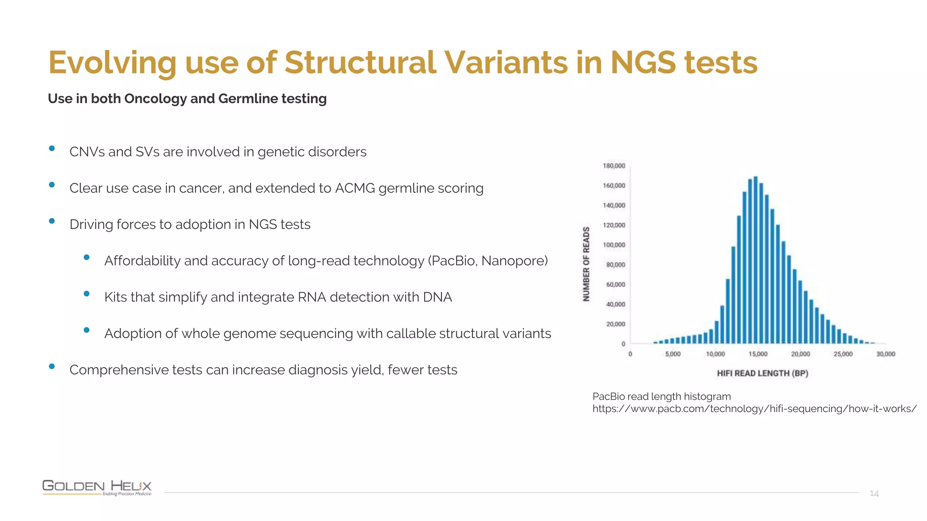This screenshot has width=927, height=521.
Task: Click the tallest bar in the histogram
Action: pyautogui.click(x=755, y=260)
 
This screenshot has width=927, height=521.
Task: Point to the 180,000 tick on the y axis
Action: pyautogui.click(x=614, y=166)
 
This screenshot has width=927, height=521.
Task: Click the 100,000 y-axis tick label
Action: pyautogui.click(x=614, y=245)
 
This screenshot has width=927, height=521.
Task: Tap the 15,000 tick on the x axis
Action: pyautogui.click(x=758, y=354)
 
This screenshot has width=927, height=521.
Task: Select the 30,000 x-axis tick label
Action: pyautogui.click(x=885, y=354)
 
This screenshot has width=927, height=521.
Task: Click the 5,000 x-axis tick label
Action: pyautogui.click(x=673, y=354)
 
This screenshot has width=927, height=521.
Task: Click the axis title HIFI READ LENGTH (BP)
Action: pyautogui.click(x=762, y=373)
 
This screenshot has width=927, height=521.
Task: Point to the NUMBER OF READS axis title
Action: pyautogui.click(x=586, y=264)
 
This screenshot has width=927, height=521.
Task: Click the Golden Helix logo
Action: pyautogui.click(x=97, y=488)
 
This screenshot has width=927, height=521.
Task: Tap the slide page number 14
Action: pyautogui.click(x=874, y=493)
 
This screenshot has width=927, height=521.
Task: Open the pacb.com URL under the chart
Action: pyautogui.click(x=754, y=409)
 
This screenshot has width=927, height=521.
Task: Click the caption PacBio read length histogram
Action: pyautogui.click(x=661, y=397)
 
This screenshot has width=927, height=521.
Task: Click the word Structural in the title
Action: pyautogui.click(x=360, y=62)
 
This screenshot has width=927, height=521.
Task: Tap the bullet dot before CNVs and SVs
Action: pyautogui.click(x=52, y=148)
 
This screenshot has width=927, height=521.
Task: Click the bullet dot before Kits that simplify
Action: pyautogui.click(x=86, y=294)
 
